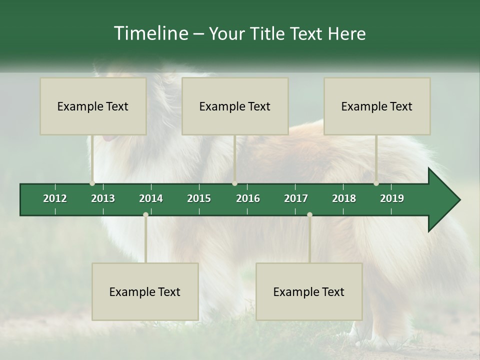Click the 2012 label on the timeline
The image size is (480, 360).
point(55,198)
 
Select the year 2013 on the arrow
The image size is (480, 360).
point(103,198)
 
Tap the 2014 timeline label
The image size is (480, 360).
point(151,198)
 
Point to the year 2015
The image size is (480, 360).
point(199,198)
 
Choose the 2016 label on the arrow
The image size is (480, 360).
point(248,198)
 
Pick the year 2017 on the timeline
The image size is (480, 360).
point(296,198)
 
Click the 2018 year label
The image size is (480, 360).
point(344,198)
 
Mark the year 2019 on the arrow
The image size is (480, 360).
point(392,198)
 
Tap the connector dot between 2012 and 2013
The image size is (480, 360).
point(92,183)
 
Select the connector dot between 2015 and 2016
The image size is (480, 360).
point(235,183)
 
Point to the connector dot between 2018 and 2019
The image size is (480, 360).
point(376,183)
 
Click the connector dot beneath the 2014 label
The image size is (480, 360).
point(145,215)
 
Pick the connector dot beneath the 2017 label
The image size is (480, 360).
point(309,215)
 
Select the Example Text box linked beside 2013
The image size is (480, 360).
point(93,106)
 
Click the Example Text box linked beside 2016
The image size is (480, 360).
point(235,106)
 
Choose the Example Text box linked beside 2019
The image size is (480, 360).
point(377,106)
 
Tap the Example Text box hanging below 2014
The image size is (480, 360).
point(145,292)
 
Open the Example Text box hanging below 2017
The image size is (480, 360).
point(309,292)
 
